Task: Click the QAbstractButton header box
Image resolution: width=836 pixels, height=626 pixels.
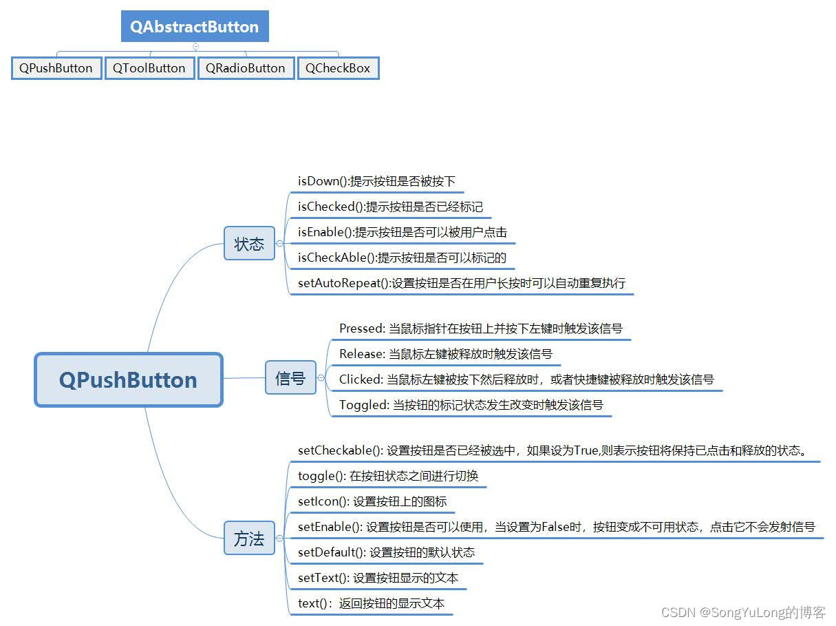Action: tap(195, 27)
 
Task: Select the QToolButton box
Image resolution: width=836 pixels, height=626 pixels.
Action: tap(149, 68)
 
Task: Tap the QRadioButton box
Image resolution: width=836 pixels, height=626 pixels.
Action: tap(246, 68)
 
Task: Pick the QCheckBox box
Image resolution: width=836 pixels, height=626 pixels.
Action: tap(338, 68)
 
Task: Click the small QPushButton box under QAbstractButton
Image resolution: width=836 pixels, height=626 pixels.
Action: tap(56, 68)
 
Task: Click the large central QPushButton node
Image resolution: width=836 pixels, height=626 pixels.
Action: tap(129, 380)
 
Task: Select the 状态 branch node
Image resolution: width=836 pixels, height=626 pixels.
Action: tap(249, 244)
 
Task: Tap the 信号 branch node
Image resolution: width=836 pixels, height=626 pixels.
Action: tap(290, 378)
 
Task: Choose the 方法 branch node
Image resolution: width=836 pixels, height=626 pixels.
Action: tap(249, 539)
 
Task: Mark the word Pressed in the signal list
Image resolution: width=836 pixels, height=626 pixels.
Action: tap(361, 328)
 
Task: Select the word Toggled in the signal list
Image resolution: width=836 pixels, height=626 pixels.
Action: tap(364, 405)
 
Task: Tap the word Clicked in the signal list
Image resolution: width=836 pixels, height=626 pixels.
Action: tap(361, 379)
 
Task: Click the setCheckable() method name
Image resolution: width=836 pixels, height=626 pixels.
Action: tap(340, 451)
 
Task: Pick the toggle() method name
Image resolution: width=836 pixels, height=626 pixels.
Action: tap(322, 476)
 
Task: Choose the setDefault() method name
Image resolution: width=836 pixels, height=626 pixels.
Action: tap(332, 552)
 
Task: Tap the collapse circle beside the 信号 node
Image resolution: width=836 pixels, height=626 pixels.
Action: tap(321, 378)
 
